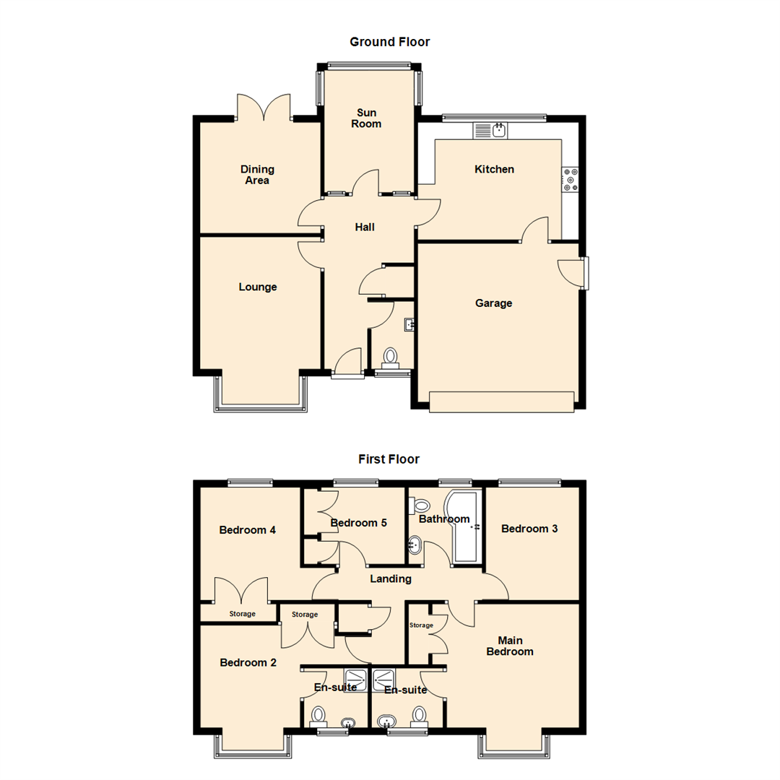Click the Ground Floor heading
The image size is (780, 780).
click(x=389, y=42)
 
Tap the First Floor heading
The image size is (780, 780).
click(x=389, y=459)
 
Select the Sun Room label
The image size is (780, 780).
click(x=366, y=118)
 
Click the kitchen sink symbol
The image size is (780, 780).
click(x=490, y=131)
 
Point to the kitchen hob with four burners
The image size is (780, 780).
click(x=571, y=180)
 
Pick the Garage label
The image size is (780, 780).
click(x=493, y=303)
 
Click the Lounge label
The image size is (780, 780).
click(x=258, y=287)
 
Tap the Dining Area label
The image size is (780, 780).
click(x=257, y=175)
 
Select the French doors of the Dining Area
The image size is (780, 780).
click(x=264, y=108)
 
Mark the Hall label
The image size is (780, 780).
click(x=365, y=227)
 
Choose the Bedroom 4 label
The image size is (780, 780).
click(x=247, y=530)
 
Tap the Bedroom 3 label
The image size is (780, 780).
click(x=529, y=529)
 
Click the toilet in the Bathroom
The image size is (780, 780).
click(x=419, y=506)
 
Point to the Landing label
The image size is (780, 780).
click(x=391, y=579)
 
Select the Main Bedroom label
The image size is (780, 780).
click(x=510, y=646)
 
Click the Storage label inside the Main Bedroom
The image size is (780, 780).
click(x=421, y=625)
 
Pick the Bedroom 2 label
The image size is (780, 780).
click(x=248, y=662)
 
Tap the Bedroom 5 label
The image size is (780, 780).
click(x=358, y=523)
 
